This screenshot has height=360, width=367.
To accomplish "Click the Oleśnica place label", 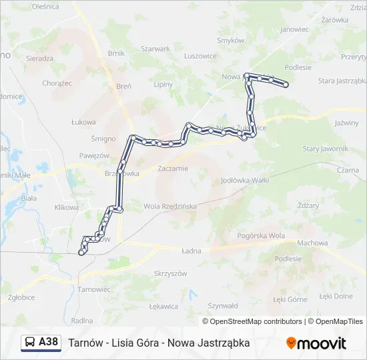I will coord(45,6).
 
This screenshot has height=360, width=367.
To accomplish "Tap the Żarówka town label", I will coord(335,20).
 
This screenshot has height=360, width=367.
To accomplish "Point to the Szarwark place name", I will coord(155,49).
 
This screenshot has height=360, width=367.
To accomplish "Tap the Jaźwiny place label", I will coord(346,123).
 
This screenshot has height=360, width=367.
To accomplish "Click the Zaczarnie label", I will coord(173,169).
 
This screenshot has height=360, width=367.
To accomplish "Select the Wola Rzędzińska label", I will coord(171,206).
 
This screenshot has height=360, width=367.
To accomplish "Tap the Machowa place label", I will coord(312,243).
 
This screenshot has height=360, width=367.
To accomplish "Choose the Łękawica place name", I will coord(163,307).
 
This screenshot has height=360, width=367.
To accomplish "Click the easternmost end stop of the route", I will coord(286,85).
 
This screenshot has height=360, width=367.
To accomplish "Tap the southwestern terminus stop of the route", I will coord(81,253).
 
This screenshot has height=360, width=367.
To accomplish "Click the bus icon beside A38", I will coord(30,343).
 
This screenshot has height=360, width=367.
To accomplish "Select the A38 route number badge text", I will coord(49,342).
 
